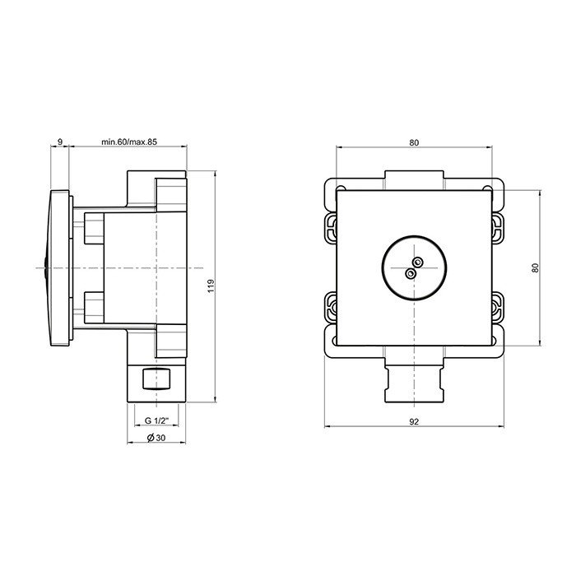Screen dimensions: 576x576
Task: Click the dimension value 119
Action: (x=211, y=286)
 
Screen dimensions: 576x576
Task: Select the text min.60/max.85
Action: (x=129, y=142)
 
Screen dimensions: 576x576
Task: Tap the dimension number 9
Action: (x=61, y=142)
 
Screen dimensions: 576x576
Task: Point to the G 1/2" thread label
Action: (x=155, y=421)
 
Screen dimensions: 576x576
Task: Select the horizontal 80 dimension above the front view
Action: (x=413, y=142)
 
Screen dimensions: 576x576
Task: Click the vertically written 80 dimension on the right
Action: (x=536, y=267)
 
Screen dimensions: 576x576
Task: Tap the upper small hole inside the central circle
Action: (x=417, y=262)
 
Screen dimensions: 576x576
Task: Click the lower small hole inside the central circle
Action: (x=410, y=272)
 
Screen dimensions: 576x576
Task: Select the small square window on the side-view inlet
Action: (x=156, y=379)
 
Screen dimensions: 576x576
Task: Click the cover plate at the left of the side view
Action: (x=59, y=267)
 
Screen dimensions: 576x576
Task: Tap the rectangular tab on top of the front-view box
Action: (x=414, y=178)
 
